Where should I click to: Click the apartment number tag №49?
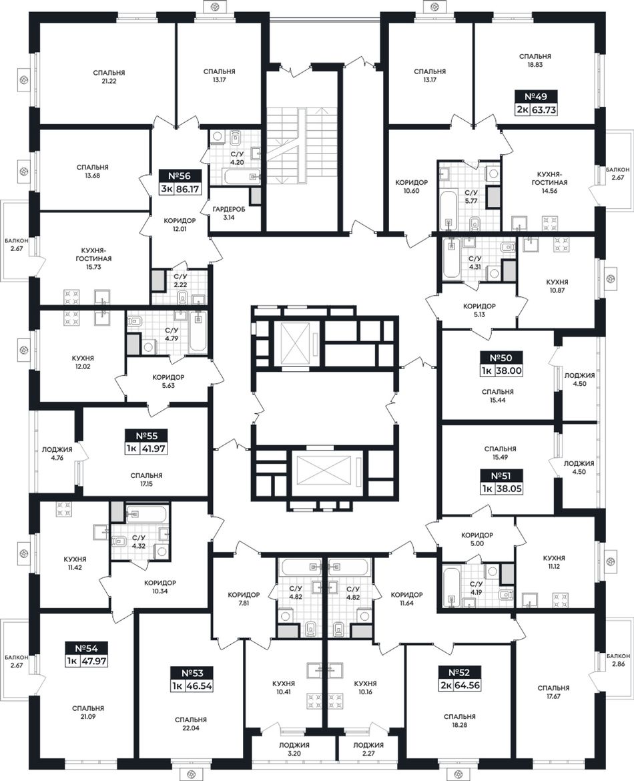pos(535,96)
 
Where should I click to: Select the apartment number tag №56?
pos(180,176)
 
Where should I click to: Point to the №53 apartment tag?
pos(192,673)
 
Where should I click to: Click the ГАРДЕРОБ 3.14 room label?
pos(229,213)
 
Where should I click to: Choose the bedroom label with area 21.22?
pos(109,77)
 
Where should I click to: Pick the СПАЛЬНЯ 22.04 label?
pos(191,724)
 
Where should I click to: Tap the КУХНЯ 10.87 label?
pos(557,286)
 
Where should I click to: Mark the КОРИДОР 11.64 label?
pos(406,599)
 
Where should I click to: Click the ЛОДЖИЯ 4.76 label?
pos(57,453)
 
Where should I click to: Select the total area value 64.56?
pos(467,685)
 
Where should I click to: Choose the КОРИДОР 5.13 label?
pos(479,310)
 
